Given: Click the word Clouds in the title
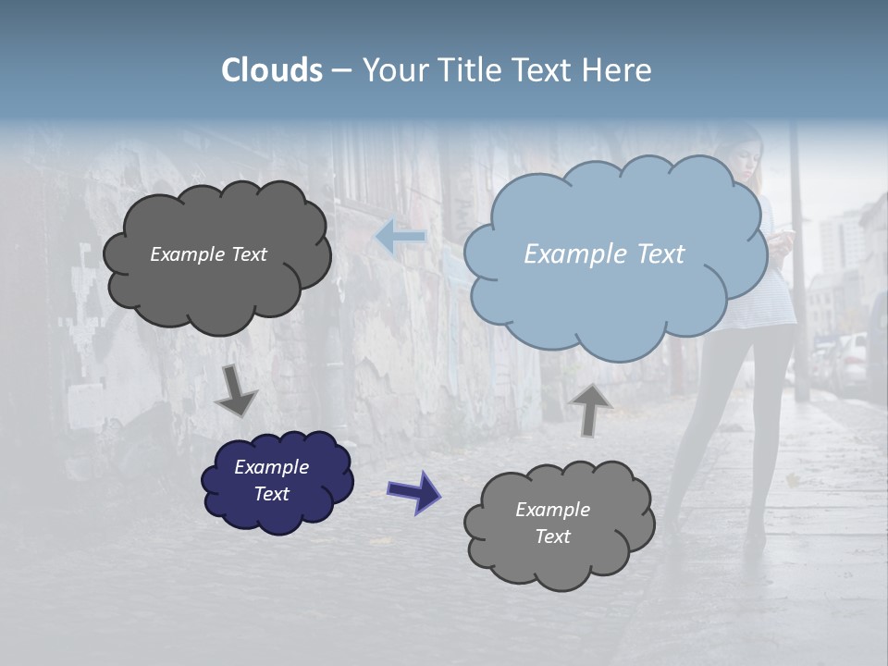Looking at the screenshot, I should [272, 70].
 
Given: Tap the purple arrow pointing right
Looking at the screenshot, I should [413, 491].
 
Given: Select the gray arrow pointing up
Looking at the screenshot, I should [591, 409].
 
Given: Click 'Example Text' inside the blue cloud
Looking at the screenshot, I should [604, 254].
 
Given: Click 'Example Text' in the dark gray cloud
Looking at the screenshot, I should [208, 254].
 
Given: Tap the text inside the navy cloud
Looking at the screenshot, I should [272, 480].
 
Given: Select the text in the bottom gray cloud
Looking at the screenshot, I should [552, 523].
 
